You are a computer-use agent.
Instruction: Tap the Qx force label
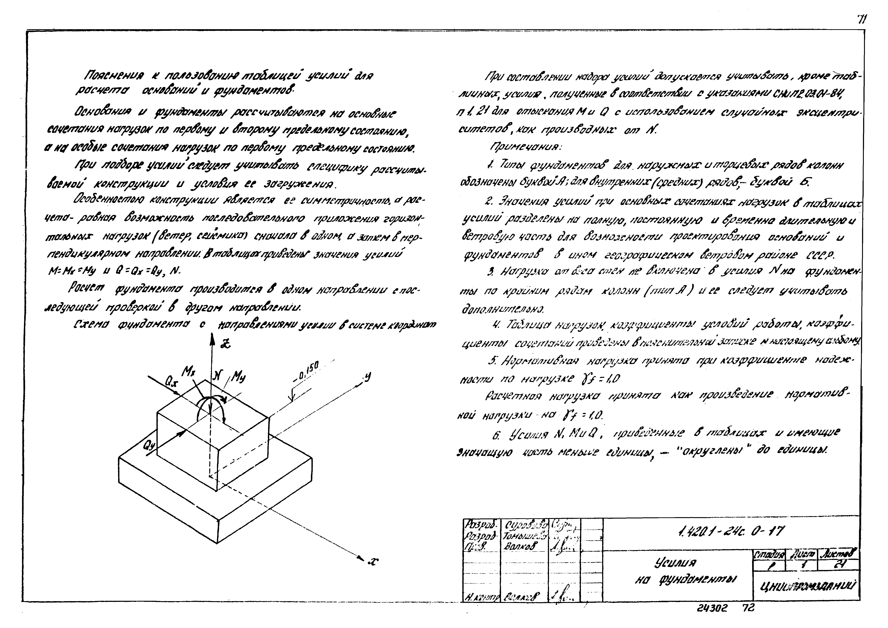coord(170,383)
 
